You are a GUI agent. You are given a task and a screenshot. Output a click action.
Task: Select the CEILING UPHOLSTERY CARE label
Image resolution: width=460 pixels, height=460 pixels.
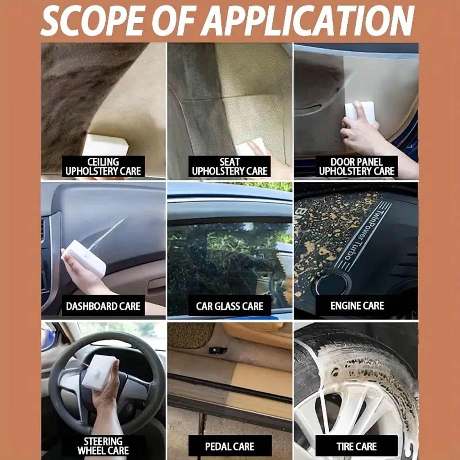tap(103, 167)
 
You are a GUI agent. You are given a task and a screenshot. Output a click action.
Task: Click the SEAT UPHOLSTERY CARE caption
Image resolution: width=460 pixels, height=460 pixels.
tap(230, 167)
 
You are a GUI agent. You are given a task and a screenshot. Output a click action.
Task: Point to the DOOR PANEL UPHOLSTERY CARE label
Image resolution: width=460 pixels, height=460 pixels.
tap(357, 167)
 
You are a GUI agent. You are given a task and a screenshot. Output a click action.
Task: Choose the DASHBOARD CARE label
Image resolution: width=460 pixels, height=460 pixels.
tap(103, 306)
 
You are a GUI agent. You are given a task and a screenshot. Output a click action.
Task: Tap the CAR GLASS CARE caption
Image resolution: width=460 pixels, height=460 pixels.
tap(230, 306)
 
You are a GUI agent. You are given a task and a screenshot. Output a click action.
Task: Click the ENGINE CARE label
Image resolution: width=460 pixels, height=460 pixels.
tap(357, 306)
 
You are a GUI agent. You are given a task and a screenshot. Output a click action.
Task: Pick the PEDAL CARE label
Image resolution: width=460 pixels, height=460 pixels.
tap(230, 446)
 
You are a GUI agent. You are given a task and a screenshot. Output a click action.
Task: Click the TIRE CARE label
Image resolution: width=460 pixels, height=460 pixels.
tap(357, 446)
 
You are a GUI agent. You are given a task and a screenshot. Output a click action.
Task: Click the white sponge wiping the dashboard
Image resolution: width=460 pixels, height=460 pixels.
tap(84, 258)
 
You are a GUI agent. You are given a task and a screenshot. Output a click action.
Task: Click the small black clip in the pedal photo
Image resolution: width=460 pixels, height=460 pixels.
tap(218, 349)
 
